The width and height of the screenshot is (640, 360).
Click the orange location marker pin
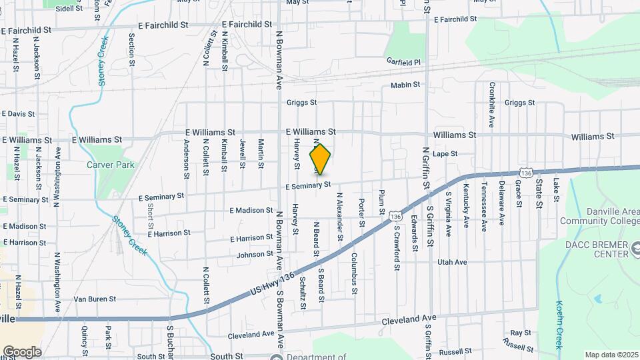tap(320, 159)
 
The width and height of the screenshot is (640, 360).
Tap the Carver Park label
tap(110, 165)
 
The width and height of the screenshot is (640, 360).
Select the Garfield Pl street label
tap(404, 61)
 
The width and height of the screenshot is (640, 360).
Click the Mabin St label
tap(405, 85)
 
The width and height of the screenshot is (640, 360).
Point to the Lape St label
tap(444, 154)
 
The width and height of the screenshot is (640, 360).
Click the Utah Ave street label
tap(452, 262)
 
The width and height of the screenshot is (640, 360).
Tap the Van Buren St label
tap(95, 299)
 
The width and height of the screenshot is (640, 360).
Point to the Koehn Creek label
tap(560, 325)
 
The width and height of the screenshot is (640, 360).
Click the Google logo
tap(21, 352)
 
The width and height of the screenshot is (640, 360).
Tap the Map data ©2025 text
tap(611, 355)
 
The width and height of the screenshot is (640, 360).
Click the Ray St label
tap(520, 332)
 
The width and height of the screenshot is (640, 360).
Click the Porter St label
tap(361, 211)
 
